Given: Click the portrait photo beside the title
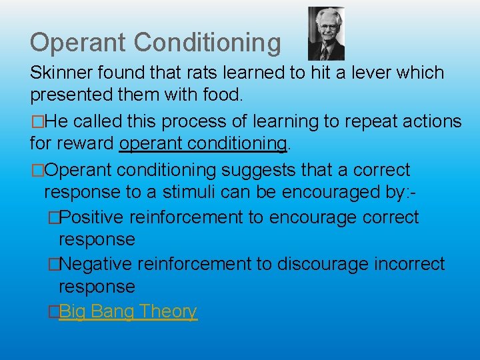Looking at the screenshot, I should tap(326, 34).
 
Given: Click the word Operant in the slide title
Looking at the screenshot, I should tap(78, 43).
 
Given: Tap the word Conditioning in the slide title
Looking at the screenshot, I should tap(207, 43).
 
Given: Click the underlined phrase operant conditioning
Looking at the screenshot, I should tap(204, 144).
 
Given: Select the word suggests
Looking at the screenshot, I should tap(259, 171).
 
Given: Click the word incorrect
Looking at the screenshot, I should tap(411, 265).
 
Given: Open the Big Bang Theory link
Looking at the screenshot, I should tap(127, 311).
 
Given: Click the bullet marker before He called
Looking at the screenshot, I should tap(35, 122).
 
